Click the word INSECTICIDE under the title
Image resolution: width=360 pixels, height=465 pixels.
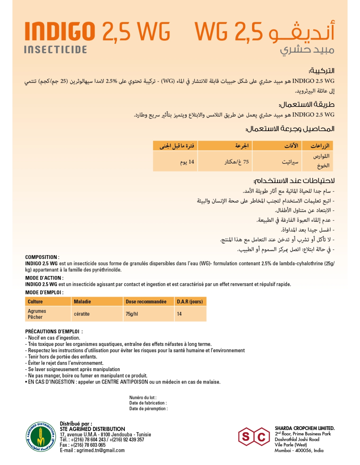[x=56, y=50]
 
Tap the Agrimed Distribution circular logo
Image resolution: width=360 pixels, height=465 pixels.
[x=41, y=437]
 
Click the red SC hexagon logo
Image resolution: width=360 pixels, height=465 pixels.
[x=254, y=437]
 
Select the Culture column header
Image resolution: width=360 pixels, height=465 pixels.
[x=35, y=301]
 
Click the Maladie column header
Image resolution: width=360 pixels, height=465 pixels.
[x=82, y=301]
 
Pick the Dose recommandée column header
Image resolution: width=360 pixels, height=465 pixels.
[x=146, y=301]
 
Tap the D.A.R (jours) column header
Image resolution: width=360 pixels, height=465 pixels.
[x=190, y=301]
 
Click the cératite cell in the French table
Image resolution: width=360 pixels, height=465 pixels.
[x=82, y=314]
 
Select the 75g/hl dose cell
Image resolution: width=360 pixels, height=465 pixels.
[x=132, y=314]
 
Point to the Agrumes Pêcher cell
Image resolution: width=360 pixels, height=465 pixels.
[x=37, y=314]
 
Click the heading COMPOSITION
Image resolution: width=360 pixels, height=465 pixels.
[x=41, y=257]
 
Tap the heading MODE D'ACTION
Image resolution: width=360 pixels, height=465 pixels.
[x=44, y=278]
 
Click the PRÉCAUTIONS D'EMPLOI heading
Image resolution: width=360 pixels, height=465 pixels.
[x=52, y=331]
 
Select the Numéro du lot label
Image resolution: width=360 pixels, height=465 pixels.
[x=143, y=398]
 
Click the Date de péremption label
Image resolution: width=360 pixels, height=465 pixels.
[x=148, y=408]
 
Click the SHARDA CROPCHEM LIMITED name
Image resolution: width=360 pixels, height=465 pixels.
[x=304, y=428]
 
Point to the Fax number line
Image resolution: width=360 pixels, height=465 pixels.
[x=82, y=445]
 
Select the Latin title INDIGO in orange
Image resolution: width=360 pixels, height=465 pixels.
[x=60, y=32]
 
